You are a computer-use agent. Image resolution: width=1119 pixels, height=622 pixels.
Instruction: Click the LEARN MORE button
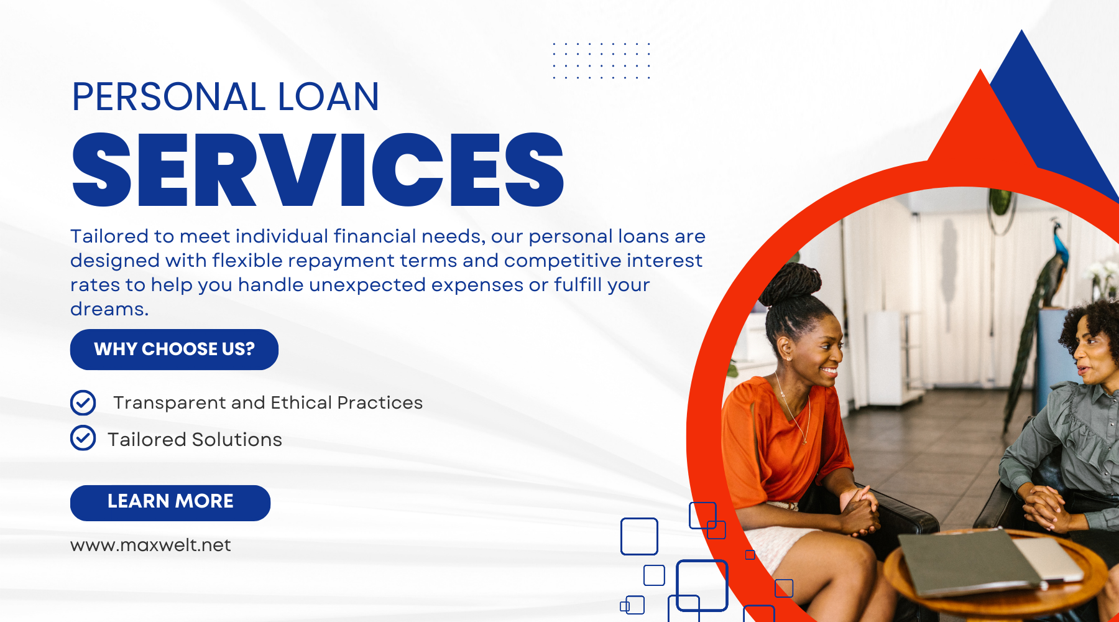click(x=170, y=503)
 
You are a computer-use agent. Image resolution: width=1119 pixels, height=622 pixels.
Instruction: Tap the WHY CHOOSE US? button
click(x=174, y=349)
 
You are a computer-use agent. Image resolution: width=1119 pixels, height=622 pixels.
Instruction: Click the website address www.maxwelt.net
click(x=150, y=545)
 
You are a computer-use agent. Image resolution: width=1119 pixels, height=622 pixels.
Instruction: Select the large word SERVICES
click(x=318, y=169)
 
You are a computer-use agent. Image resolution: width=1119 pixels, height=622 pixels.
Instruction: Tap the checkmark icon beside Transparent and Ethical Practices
click(x=83, y=402)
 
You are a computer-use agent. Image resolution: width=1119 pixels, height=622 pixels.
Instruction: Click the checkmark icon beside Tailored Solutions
click(x=83, y=438)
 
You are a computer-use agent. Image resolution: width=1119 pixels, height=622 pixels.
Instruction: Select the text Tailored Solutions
click(x=195, y=440)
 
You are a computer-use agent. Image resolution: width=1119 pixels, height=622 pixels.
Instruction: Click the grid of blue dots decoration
click(x=601, y=60)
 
